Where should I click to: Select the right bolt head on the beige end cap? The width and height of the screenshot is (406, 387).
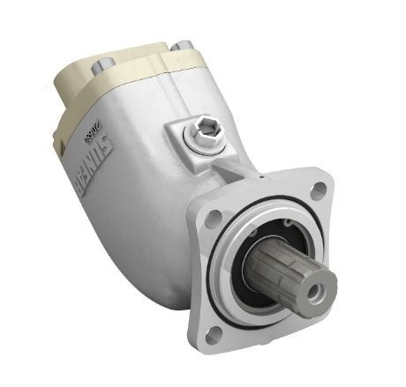182,46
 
